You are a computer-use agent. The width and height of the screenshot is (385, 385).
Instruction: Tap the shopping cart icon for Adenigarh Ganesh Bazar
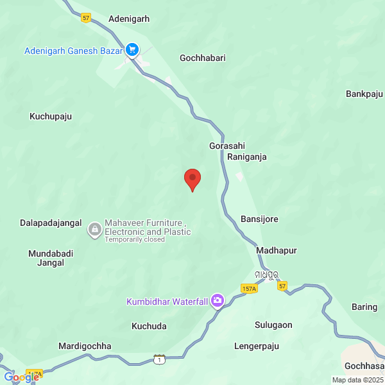tap(132, 49)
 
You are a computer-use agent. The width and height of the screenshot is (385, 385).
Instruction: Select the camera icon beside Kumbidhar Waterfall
tap(218, 300)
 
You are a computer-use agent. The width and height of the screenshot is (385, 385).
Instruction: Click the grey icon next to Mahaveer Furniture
tap(95, 228)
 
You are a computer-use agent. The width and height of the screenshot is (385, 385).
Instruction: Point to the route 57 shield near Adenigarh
tap(87, 18)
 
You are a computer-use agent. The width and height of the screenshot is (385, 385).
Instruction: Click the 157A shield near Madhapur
tap(250, 289)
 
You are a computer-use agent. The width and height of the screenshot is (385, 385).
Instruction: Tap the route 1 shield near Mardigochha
tap(158, 359)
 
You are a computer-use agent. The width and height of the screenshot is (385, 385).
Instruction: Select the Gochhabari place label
tap(203, 58)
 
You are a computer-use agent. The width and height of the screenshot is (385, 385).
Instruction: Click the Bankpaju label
tap(364, 94)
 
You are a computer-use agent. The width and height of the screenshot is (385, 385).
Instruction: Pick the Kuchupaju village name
tap(51, 117)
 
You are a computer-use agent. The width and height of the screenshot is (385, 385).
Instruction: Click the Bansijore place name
tap(259, 219)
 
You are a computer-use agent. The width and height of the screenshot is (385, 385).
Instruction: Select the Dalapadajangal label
tap(51, 223)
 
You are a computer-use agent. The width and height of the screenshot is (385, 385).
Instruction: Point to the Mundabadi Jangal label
tap(51, 258)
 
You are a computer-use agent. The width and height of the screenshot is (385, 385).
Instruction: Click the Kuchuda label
tap(149, 326)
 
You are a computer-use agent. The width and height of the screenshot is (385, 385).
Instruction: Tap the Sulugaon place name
tap(273, 325)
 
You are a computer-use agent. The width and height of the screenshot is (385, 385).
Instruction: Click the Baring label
tap(364, 307)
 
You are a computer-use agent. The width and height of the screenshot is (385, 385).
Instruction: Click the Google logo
tap(21, 377)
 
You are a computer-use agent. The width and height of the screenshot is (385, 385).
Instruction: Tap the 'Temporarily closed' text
tap(135, 239)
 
